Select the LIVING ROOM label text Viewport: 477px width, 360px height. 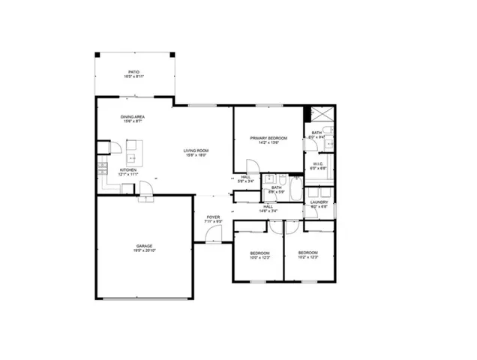[196, 151]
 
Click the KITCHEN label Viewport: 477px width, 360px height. [129, 170]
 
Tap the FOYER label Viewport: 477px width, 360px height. [213, 217]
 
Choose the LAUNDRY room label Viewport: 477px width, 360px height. [318, 202]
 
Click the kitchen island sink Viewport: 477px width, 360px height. [132, 158]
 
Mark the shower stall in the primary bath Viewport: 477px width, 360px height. [322, 116]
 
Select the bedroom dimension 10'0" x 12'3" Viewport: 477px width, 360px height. [259, 257]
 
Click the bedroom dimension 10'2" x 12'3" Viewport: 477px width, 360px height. [307, 257]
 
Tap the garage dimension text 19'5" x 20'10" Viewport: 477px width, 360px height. [144, 250]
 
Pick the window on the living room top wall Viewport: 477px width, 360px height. [199, 105]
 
